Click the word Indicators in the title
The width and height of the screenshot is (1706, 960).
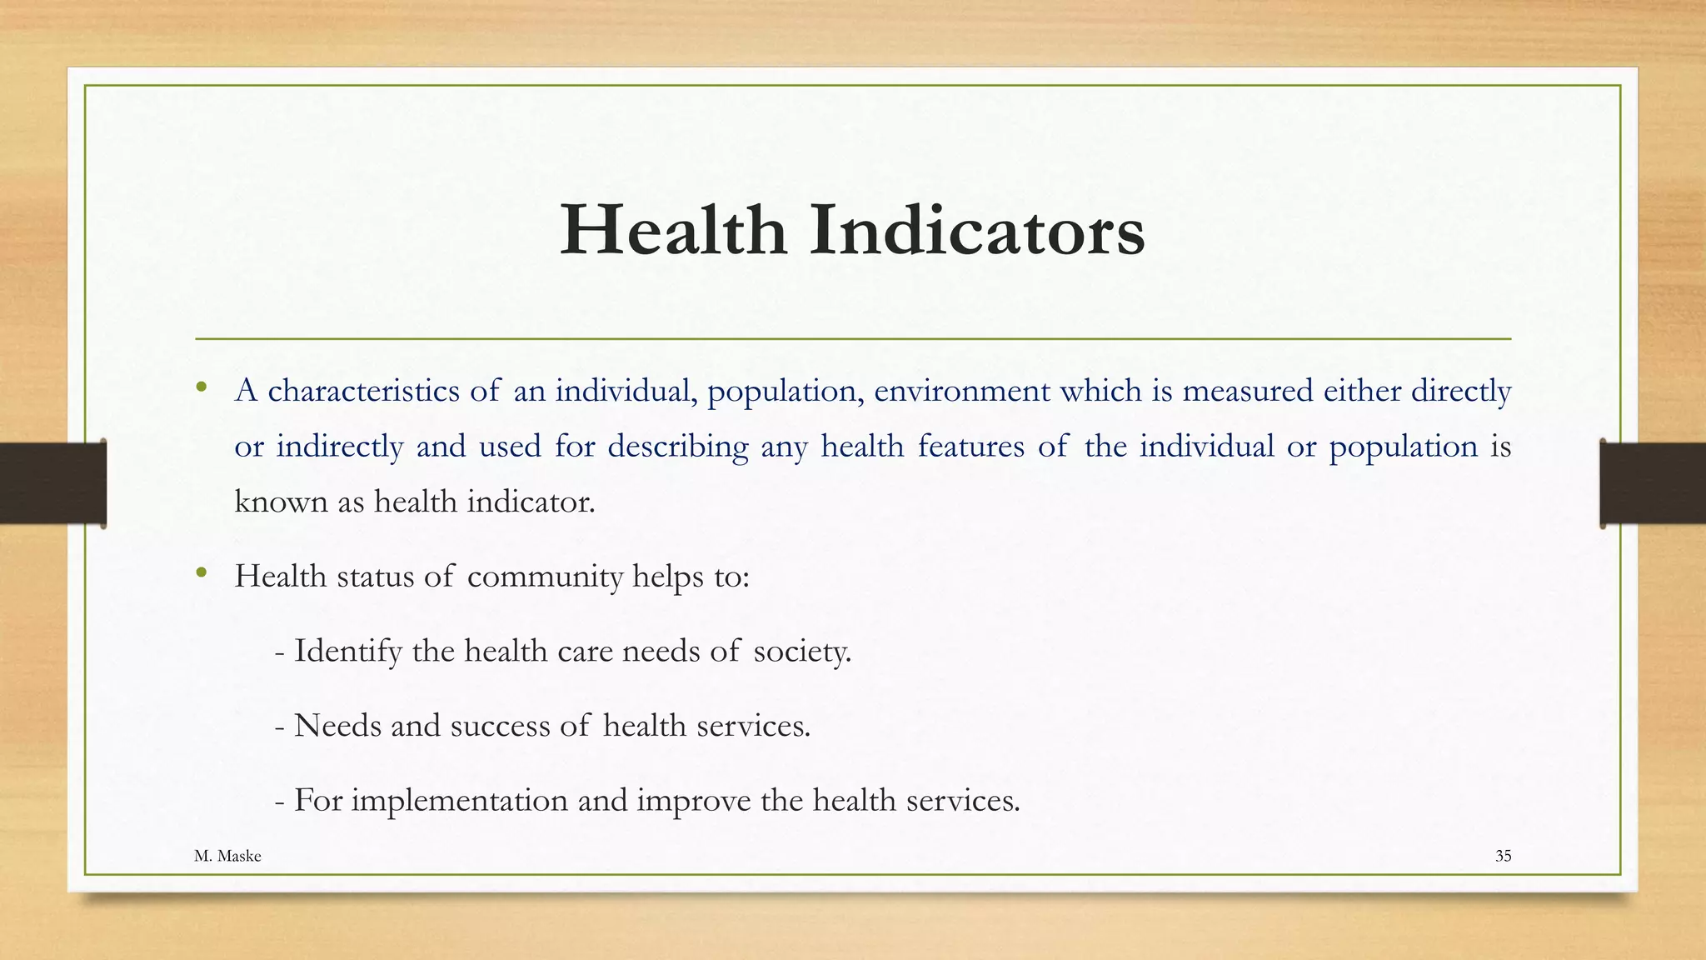pos(977,230)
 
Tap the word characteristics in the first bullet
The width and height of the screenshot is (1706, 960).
pos(363,391)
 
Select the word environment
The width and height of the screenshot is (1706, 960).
pos(961,391)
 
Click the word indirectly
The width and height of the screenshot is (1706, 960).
pos(340,447)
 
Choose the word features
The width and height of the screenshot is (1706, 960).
pos(970,447)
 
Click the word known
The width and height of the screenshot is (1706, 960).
pos(281,502)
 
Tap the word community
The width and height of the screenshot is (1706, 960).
pos(545,577)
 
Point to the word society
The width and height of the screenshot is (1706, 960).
pos(801,651)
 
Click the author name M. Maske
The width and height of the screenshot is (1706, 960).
pos(227,856)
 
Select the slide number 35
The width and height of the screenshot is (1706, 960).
pos(1503,856)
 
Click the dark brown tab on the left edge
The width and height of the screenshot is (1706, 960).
pos(52,483)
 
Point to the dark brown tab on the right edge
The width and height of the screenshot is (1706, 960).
pos(1653,483)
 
